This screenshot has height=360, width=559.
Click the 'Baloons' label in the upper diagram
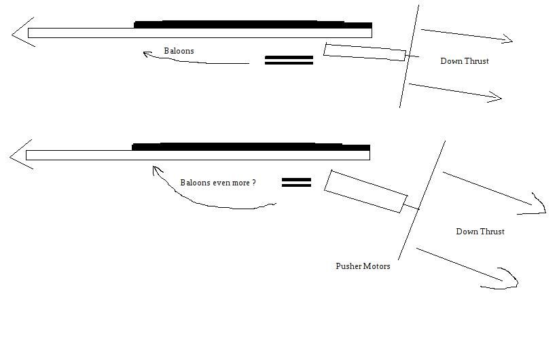point(179,51)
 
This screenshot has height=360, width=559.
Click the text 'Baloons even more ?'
point(218,183)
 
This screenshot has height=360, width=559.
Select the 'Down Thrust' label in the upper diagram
point(465,61)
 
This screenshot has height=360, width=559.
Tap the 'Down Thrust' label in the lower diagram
point(480,232)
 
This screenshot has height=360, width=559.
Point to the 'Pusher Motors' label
point(363,266)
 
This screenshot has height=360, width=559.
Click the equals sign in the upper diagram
point(289,60)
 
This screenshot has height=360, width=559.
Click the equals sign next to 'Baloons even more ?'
point(296,183)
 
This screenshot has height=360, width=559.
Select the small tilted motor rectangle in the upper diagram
point(365,52)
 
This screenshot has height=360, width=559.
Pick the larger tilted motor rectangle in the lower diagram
point(365,191)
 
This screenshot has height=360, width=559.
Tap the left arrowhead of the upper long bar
point(20,33)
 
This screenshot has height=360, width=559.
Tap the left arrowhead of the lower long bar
point(19,155)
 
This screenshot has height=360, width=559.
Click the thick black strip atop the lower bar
point(251,146)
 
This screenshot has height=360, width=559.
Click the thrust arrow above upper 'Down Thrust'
point(466,35)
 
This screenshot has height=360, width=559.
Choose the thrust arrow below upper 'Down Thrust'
point(455,91)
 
